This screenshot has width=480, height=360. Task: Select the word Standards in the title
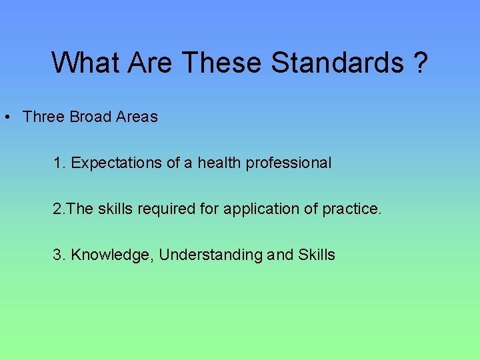pyautogui.click(x=337, y=63)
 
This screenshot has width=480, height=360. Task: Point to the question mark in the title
pyautogui.click(x=420, y=63)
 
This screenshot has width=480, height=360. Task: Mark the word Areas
pyautogui.click(x=137, y=117)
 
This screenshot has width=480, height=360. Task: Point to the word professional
pyautogui.click(x=289, y=163)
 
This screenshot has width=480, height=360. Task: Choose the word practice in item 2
pyautogui.click(x=352, y=209)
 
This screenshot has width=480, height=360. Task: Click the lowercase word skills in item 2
pyautogui.click(x=115, y=209)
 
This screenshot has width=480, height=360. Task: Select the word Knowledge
pyautogui.click(x=112, y=255)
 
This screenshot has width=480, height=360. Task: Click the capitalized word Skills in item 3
pyautogui.click(x=317, y=255)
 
